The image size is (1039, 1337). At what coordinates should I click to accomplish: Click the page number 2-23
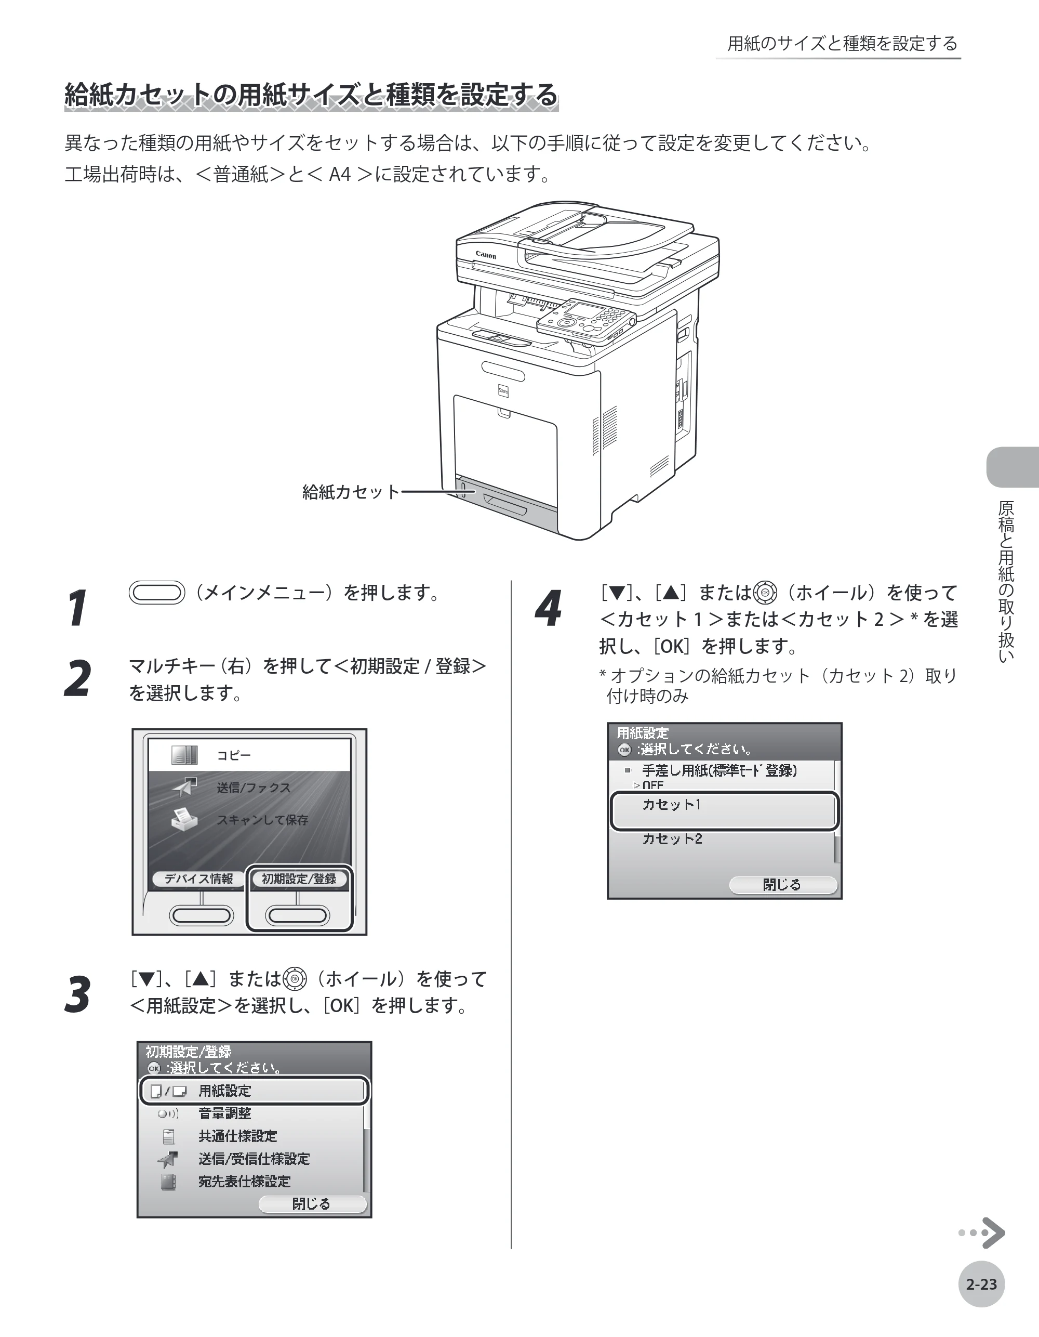(x=981, y=1284)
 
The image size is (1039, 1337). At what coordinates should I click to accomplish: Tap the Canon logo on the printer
(x=486, y=255)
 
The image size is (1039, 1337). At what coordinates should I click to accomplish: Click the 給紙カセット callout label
(x=351, y=492)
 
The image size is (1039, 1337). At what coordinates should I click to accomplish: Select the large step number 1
(x=78, y=608)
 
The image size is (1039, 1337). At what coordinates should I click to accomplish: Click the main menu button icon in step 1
(x=157, y=593)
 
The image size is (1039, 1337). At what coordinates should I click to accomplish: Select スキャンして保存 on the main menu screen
(x=262, y=820)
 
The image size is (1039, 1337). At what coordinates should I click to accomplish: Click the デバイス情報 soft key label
(x=198, y=879)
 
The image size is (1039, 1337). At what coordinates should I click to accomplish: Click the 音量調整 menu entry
(x=224, y=1113)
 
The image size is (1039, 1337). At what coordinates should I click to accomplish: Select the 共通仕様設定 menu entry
(x=237, y=1136)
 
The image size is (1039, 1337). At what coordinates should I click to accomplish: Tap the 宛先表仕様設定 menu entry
(x=244, y=1181)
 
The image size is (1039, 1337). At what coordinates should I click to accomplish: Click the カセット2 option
(x=672, y=838)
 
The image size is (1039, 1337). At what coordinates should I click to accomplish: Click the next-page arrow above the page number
(x=982, y=1233)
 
